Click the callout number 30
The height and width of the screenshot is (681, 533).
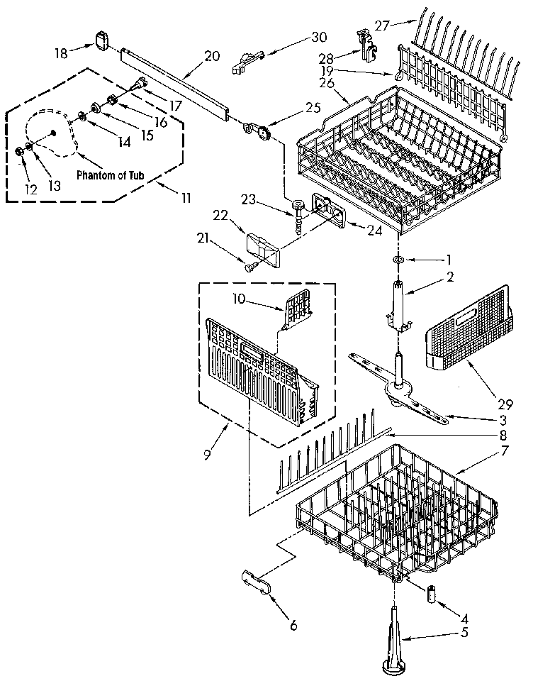click(320, 38)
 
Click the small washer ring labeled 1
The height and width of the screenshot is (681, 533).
click(399, 260)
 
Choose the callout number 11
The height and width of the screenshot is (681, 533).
click(185, 199)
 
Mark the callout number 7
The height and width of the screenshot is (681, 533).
click(483, 450)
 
